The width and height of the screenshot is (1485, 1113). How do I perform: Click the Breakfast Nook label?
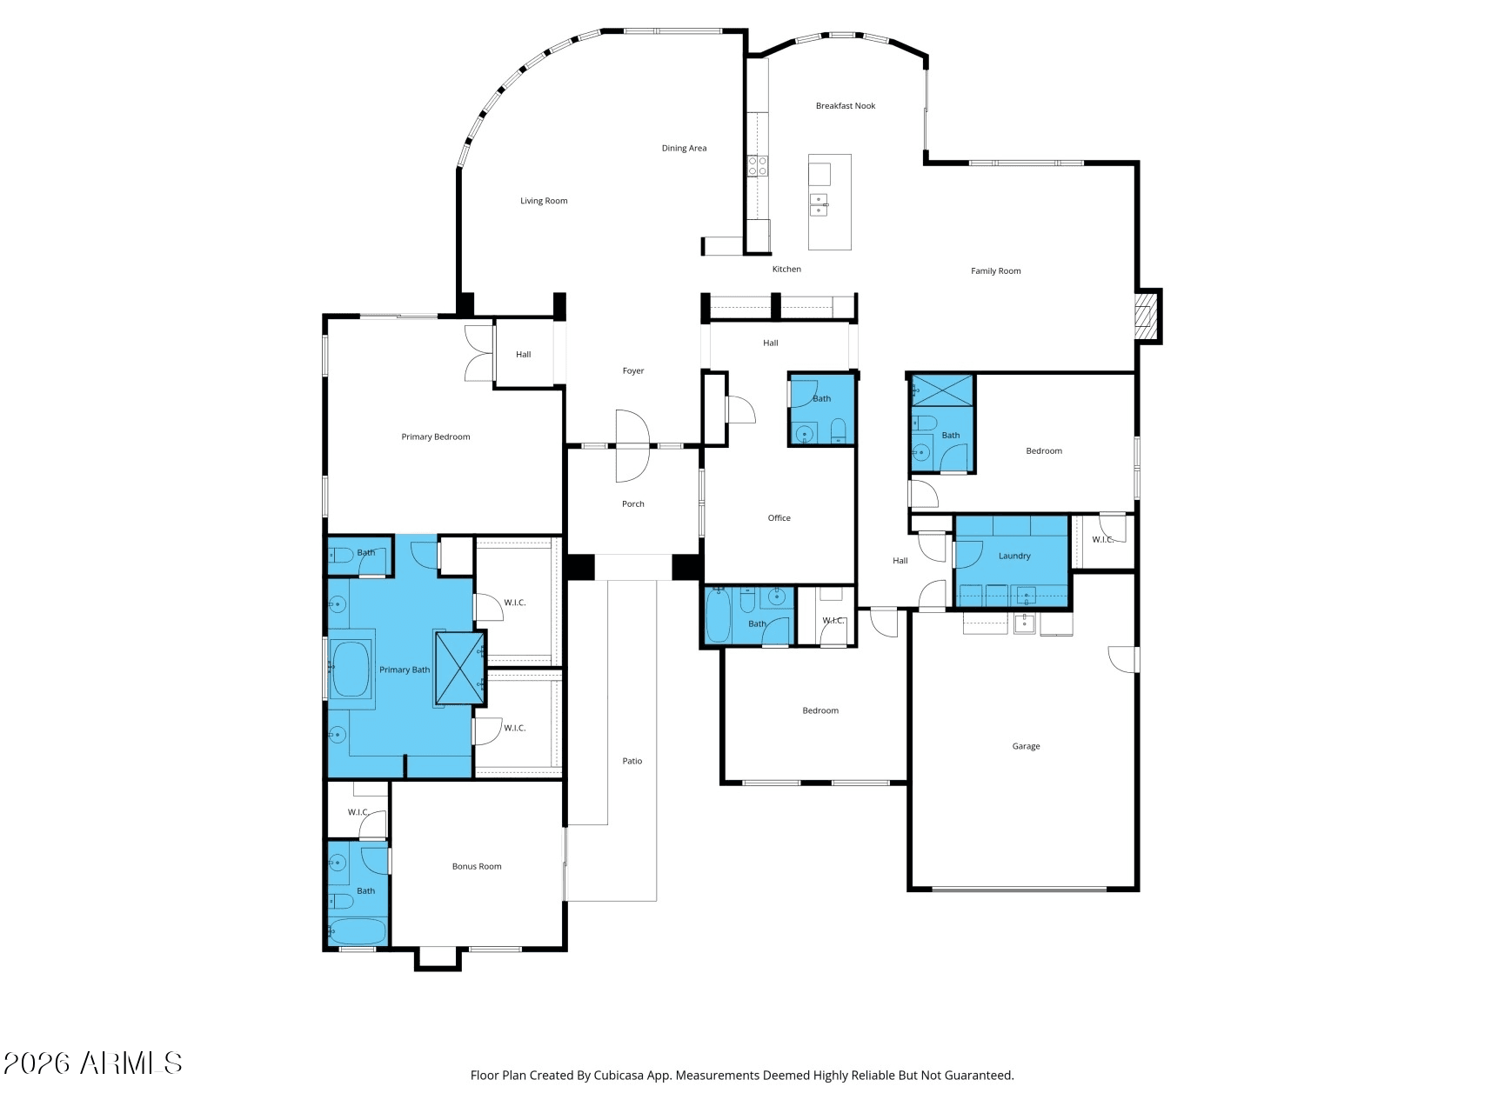pyautogui.click(x=845, y=106)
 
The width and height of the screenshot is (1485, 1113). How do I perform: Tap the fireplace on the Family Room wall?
pyautogui.click(x=1147, y=317)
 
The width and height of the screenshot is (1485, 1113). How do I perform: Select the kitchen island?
pyautogui.click(x=829, y=202)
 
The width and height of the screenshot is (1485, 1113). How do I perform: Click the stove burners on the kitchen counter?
pyautogui.click(x=757, y=165)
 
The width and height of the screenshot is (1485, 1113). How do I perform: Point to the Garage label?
pyautogui.click(x=1026, y=746)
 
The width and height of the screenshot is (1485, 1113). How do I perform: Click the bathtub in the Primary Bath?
pyautogui.click(x=351, y=669)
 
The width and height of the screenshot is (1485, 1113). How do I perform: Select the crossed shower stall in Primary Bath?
pyautogui.click(x=459, y=668)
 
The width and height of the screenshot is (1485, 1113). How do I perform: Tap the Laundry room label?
pyautogui.click(x=1013, y=556)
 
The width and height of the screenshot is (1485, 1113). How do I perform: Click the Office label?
pyautogui.click(x=779, y=518)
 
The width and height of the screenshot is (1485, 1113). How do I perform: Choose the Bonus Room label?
pyautogui.click(x=476, y=866)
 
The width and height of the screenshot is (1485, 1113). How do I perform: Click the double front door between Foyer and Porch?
pyautogui.click(x=632, y=446)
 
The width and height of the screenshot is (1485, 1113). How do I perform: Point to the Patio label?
pyautogui.click(x=632, y=761)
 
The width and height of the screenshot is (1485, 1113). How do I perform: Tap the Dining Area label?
pyautogui.click(x=684, y=149)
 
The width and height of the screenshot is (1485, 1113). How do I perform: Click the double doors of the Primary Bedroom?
pyautogui.click(x=478, y=352)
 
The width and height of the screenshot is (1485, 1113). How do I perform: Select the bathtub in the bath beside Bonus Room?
pyautogui.click(x=358, y=931)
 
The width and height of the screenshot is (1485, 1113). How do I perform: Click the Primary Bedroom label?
pyautogui.click(x=435, y=437)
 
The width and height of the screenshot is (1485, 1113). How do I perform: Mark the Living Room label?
pyautogui.click(x=544, y=201)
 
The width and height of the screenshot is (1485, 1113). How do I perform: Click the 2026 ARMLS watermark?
pyautogui.click(x=92, y=1063)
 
